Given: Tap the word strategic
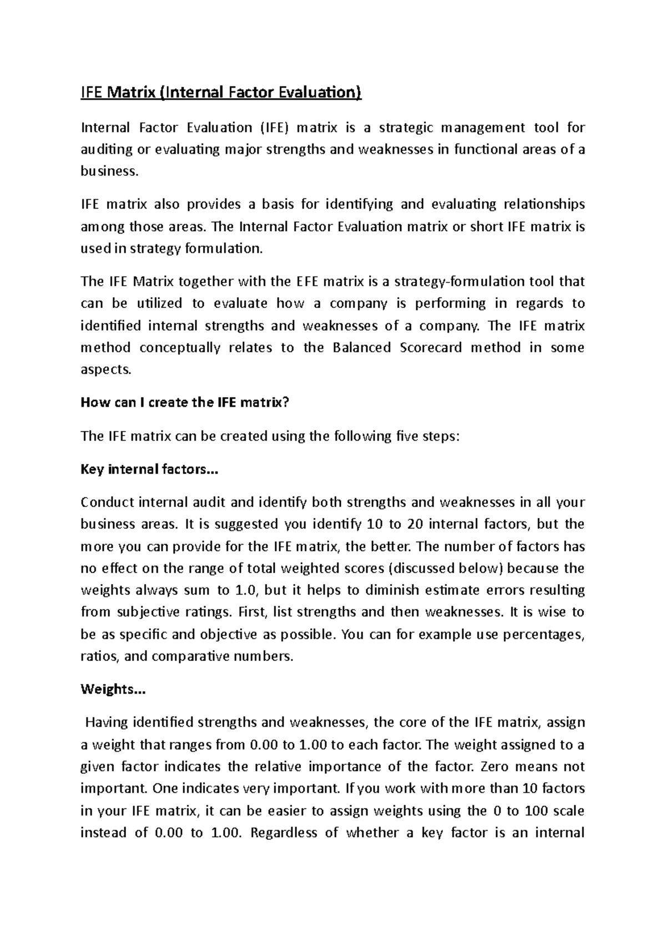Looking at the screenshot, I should [x=406, y=128].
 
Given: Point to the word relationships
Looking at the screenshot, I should [x=544, y=204].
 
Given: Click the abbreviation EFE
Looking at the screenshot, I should [x=305, y=281].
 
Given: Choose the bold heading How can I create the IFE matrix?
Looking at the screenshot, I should [x=185, y=403].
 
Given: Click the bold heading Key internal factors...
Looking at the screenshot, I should [x=150, y=469].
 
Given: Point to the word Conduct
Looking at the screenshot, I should [x=107, y=503].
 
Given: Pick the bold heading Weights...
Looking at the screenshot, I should [x=113, y=690].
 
